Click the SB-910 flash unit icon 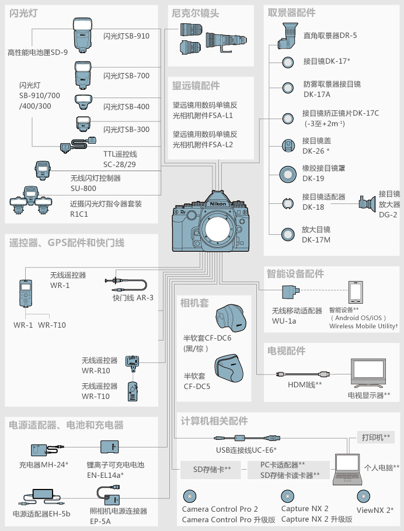tap(82, 35)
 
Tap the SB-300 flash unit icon tap(83, 124)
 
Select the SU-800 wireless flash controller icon tap(43, 170)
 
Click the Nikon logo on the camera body tap(218, 203)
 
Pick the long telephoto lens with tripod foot tap(226, 41)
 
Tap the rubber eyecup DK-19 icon tap(288, 175)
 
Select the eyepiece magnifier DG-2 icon tap(367, 204)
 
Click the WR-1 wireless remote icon tap(26, 293)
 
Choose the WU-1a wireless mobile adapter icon tap(291, 291)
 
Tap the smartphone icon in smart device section tap(356, 292)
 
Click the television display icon tap(368, 373)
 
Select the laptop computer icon tap(347, 469)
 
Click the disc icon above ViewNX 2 tap(363, 497)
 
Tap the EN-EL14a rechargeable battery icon tap(109, 447)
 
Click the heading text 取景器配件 tap(291, 12)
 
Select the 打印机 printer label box tap(376, 437)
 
